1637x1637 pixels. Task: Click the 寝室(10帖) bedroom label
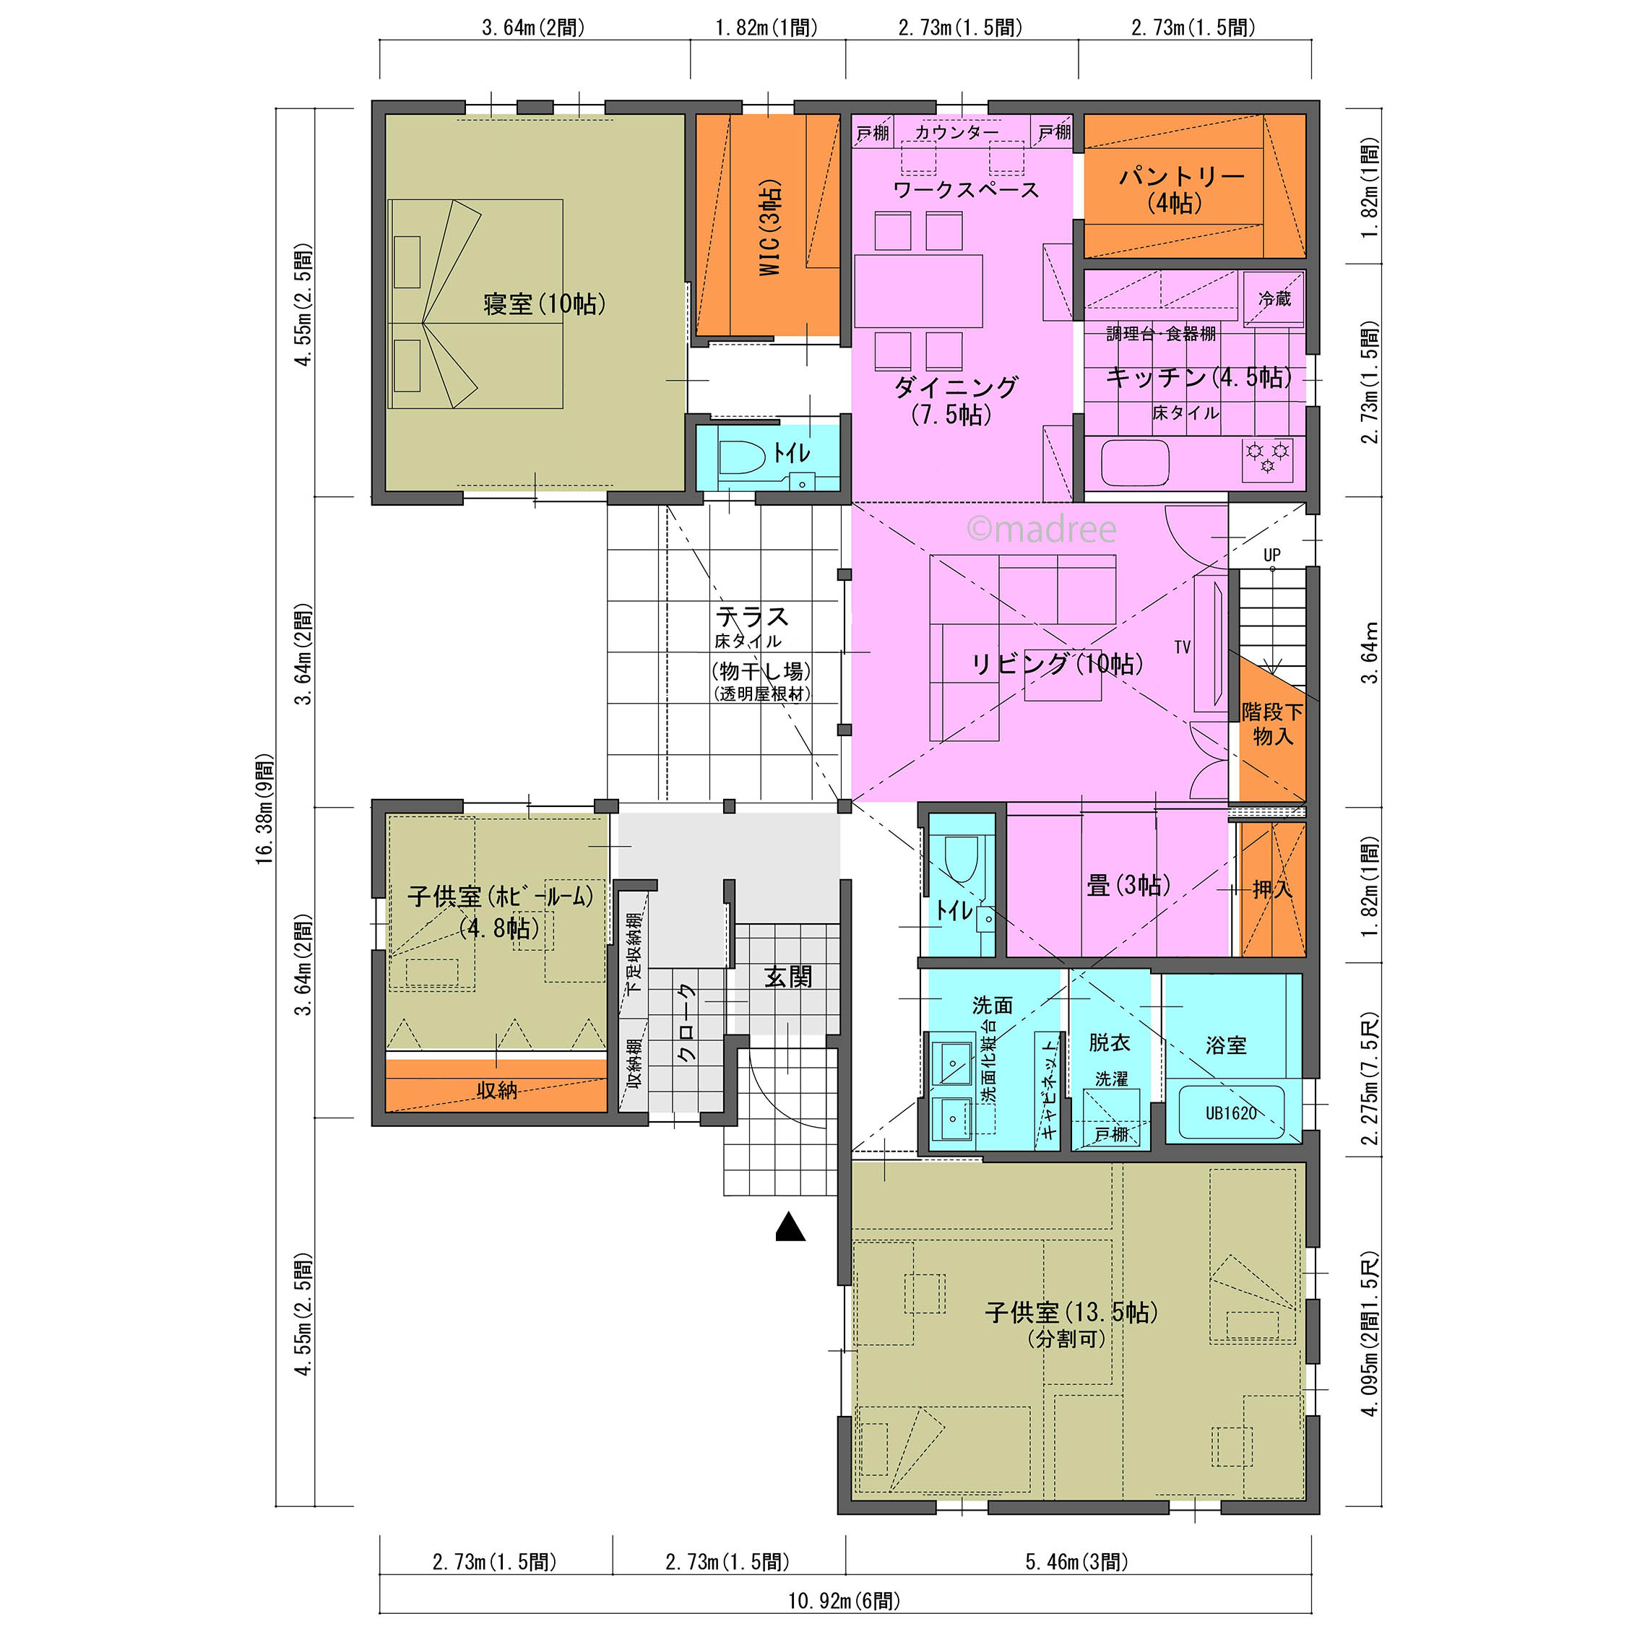(544, 303)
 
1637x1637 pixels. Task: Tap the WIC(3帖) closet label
(769, 227)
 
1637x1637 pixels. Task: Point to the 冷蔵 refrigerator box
(1274, 299)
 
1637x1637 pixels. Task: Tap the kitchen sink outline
(1136, 462)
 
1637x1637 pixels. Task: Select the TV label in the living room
(1183, 647)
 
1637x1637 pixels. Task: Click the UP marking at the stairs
(1271, 555)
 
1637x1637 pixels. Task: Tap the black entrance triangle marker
(790, 1226)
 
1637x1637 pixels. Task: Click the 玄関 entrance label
(788, 977)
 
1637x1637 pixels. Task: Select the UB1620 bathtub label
(1231, 1113)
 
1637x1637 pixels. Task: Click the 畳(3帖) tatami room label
(1128, 886)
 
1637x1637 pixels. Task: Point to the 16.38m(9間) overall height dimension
(265, 809)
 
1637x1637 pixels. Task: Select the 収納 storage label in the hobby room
(496, 1089)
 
